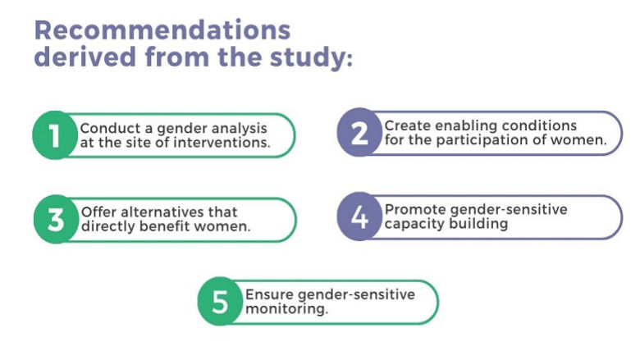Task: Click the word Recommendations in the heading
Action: coord(162,31)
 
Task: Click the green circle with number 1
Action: coord(54,135)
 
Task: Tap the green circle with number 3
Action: coord(55,220)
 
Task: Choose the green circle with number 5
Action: coord(220,302)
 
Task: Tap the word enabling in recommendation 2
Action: coord(464,125)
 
